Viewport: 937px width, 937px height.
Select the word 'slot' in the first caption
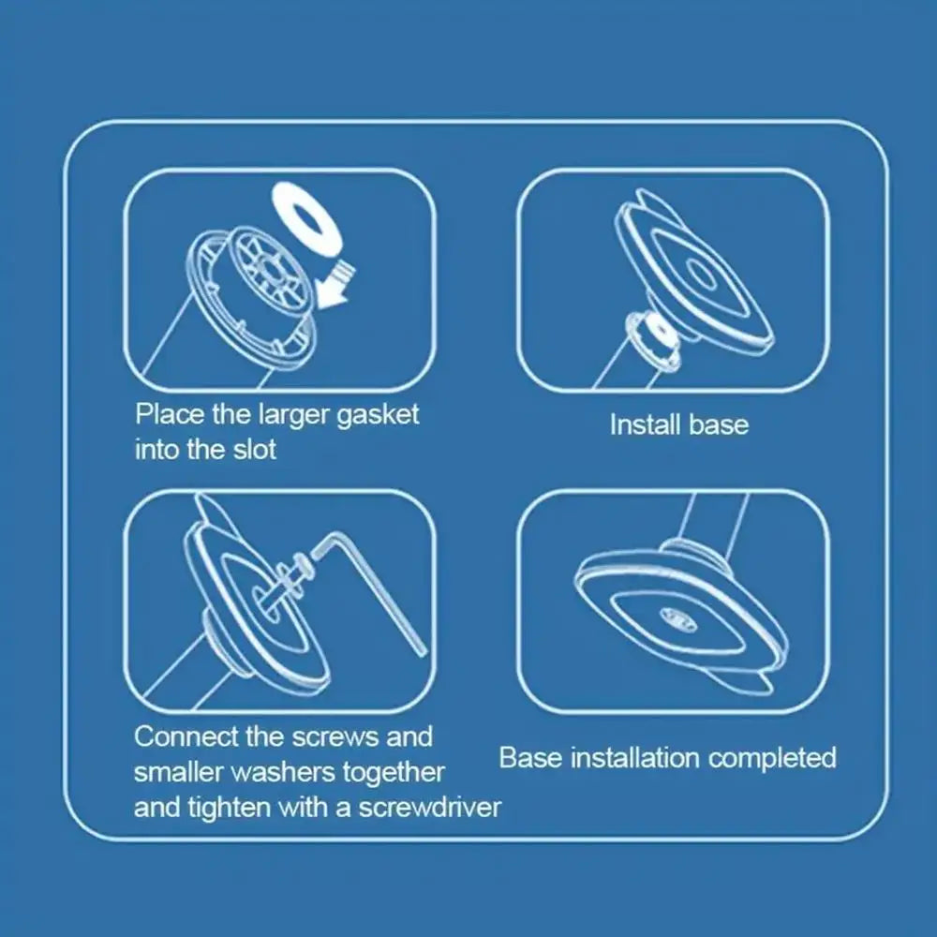click(255, 450)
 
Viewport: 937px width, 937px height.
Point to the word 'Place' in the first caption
click(170, 414)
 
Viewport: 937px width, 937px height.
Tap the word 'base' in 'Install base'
click(719, 424)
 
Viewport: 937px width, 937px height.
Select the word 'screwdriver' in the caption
click(430, 808)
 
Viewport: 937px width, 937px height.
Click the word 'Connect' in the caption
click(186, 736)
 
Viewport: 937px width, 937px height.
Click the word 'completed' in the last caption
click(772, 758)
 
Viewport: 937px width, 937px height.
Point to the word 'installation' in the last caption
click(635, 758)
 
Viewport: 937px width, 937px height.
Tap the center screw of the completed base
click(678, 618)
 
